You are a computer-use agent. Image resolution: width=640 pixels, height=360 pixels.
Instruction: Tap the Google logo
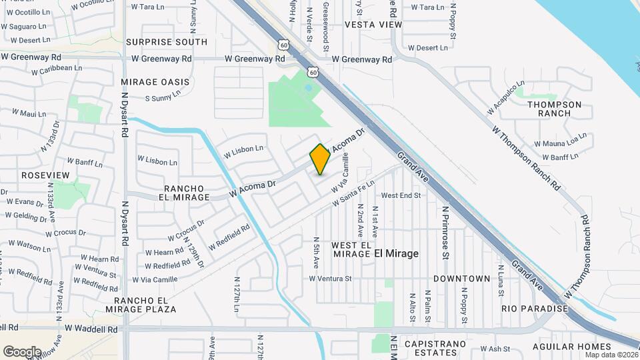tap(22, 351)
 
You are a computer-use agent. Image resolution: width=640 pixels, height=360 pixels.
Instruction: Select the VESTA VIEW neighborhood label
tap(373, 25)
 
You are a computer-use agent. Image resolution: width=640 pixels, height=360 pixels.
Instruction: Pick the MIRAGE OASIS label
tap(155, 82)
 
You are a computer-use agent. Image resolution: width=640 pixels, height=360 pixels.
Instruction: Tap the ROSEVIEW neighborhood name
tap(45, 175)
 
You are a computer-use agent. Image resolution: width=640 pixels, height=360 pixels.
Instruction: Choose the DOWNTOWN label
tap(462, 278)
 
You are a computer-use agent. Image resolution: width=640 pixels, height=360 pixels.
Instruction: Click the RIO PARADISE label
tap(535, 309)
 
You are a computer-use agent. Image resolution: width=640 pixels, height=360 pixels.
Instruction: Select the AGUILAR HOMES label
tap(572, 347)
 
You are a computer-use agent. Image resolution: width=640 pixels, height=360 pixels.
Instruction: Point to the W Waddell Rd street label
tap(91, 329)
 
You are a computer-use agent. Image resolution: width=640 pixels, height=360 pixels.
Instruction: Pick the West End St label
tap(401, 196)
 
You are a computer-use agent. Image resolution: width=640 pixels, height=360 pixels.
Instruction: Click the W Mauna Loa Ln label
tap(564, 143)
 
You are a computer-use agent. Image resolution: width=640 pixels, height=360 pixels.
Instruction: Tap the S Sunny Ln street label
tap(163, 97)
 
